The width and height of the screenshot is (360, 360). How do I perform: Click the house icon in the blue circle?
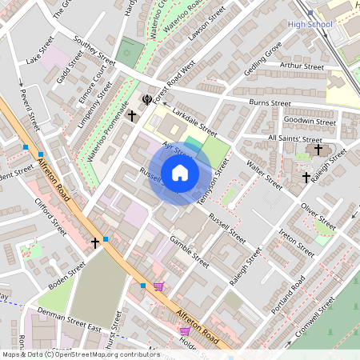[x=180, y=173]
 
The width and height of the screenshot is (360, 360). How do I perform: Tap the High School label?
[x=309, y=25]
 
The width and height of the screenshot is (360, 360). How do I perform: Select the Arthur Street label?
[x=301, y=66]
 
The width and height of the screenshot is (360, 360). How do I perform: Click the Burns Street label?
[x=270, y=102]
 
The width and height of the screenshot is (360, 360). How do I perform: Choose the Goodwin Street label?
[x=310, y=122]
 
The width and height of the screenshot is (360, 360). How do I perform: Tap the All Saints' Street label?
[x=295, y=138]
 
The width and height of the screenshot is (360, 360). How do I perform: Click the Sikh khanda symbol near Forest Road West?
[x=147, y=99]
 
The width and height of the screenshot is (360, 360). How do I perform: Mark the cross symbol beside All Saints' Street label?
[x=318, y=149]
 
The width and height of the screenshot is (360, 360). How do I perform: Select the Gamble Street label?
[x=190, y=250]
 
